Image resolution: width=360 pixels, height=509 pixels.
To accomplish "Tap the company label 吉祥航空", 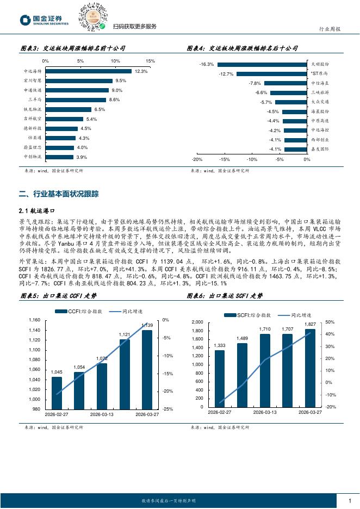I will tap(32, 119).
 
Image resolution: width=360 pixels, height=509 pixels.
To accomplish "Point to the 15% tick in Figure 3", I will tap(151, 61).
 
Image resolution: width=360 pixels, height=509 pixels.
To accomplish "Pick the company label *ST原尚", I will tap(319, 73).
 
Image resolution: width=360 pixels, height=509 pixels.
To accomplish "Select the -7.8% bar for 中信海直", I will tap(285, 83).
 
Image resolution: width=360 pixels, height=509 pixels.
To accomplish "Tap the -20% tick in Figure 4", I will tap(197, 160).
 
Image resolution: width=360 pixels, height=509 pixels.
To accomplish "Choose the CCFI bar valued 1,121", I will tap(125, 374).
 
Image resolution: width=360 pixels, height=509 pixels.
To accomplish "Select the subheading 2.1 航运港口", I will tap(38, 210).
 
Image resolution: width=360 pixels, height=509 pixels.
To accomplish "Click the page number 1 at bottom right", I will tap(349, 500).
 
